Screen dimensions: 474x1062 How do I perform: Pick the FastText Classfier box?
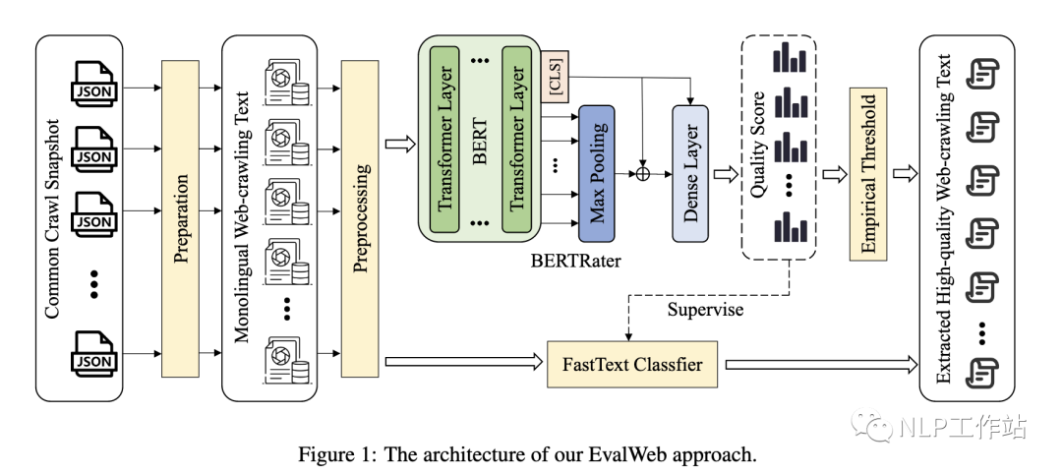(631, 365)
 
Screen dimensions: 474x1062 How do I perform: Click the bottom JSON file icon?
(94, 353)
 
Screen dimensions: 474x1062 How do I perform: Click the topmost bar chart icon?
(789, 60)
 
